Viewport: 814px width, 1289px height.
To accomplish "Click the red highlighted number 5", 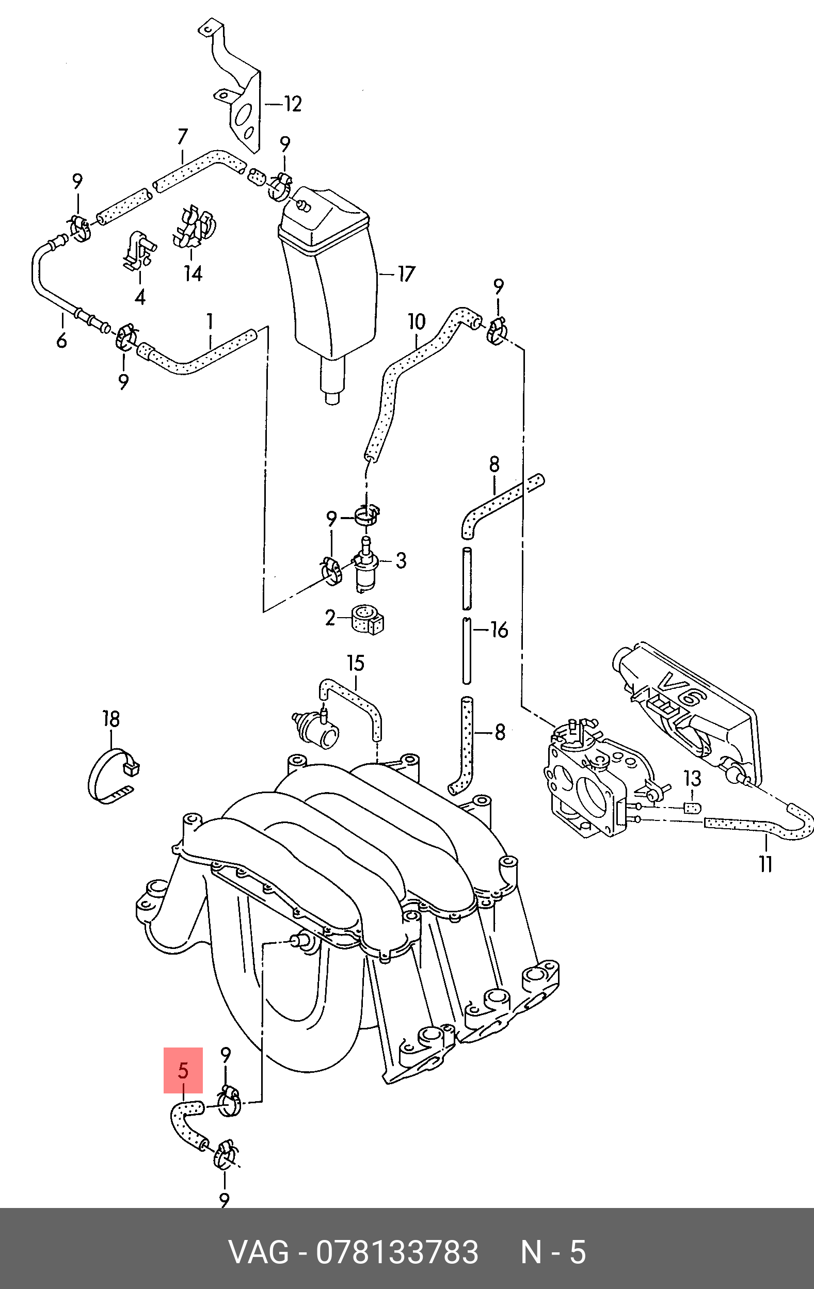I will [183, 1071].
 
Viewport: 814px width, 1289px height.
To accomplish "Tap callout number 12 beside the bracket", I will [292, 103].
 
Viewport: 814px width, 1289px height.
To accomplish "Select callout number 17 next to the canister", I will [406, 274].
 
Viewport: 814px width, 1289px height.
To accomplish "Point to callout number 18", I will [111, 719].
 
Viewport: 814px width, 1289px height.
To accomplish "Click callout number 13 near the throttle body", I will [692, 778].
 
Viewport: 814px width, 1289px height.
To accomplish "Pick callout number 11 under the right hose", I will [765, 863].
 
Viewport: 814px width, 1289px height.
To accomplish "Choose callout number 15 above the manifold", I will [356, 663].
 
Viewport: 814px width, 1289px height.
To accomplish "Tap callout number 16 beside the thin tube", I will [499, 630].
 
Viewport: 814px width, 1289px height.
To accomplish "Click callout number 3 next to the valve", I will [401, 560].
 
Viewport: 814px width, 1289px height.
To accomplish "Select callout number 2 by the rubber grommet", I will [330, 618].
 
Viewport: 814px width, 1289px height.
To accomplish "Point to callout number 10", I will [417, 321].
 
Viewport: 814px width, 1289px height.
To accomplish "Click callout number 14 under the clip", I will [194, 273].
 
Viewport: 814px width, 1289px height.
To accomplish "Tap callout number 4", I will [140, 297].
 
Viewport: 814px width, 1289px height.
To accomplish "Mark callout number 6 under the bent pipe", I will [62, 340].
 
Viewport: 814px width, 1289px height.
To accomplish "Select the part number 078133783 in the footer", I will [397, 1252].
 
